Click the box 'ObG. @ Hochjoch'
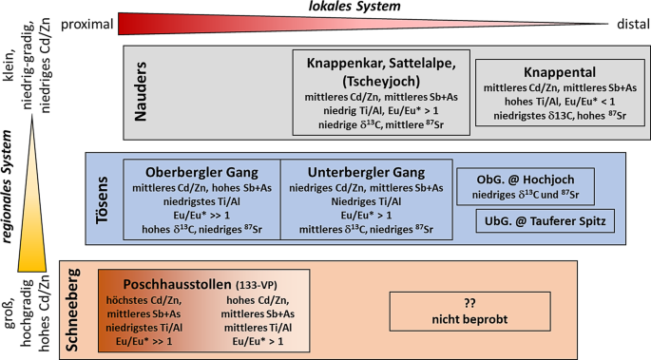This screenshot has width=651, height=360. [x=528, y=180]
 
